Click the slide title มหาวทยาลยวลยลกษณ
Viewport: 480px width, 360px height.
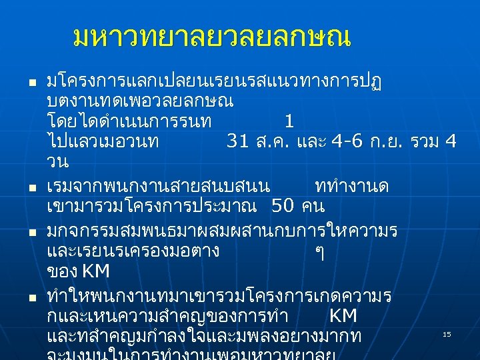pos(212,38)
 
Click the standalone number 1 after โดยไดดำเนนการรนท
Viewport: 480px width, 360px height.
pos(288,121)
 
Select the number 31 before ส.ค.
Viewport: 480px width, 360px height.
pos(238,141)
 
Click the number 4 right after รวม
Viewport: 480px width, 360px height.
pos(451,141)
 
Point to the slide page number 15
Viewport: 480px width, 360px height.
pos(447,333)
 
